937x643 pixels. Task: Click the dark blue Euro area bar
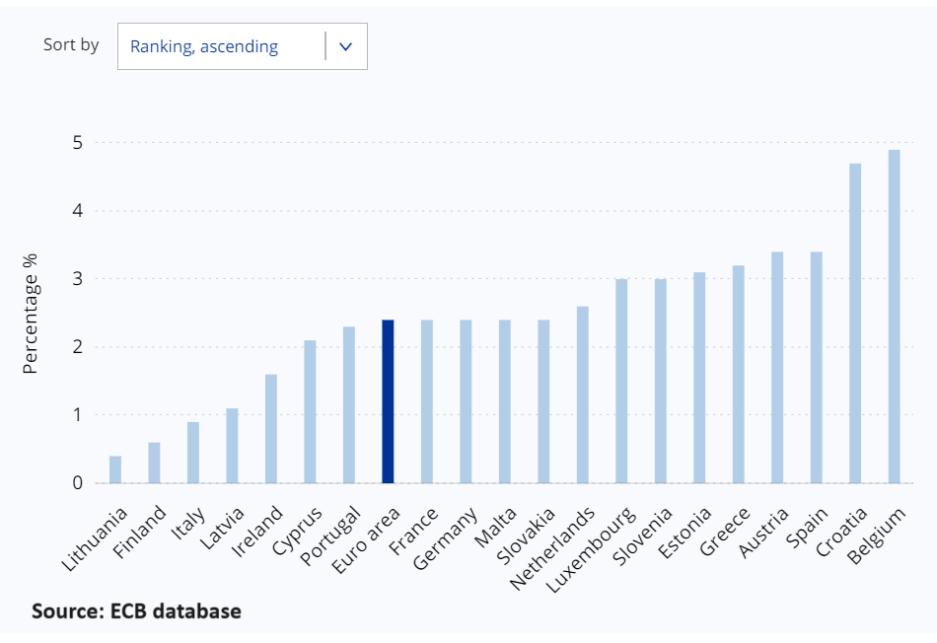388,401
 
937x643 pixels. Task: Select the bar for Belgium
894,316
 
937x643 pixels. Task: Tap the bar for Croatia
855,322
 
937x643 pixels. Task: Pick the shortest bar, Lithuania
115,469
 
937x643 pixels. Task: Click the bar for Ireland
271,429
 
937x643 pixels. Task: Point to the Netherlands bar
582,394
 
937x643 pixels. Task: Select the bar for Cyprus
310,411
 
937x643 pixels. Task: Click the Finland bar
154,463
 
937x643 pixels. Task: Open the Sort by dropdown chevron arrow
345,46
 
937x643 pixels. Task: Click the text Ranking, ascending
204,46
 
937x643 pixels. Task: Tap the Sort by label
71,44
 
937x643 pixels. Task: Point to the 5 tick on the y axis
76,143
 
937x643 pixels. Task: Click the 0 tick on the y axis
76,483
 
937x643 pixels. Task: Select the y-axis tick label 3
76,279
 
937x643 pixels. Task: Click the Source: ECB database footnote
136,611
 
